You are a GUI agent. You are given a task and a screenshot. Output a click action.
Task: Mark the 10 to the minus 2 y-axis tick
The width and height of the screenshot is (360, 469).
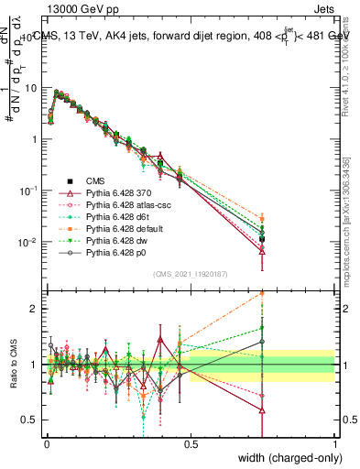coord(27,242)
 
